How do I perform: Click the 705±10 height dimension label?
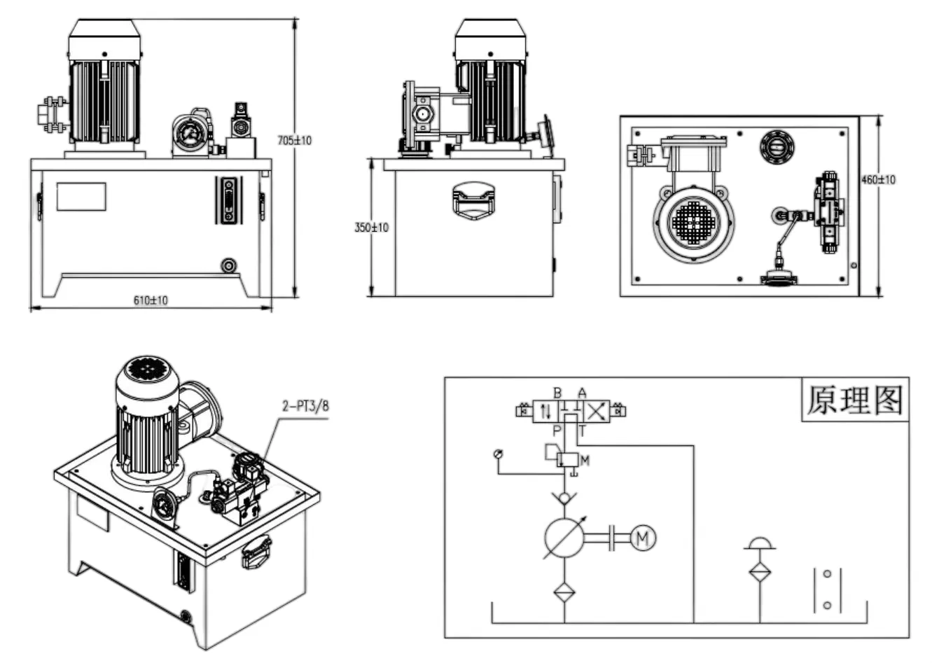tap(294, 140)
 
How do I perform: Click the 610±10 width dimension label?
tap(151, 300)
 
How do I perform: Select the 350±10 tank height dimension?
tap(371, 228)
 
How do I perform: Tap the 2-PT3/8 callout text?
tap(305, 406)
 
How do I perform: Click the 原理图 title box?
tap(855, 400)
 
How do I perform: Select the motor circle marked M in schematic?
tap(643, 538)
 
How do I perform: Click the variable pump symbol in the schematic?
tap(564, 538)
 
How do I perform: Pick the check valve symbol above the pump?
tap(564, 498)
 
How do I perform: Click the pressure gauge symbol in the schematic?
tap(498, 454)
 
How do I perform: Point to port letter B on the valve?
tap(557, 393)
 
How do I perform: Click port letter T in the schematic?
tap(581, 431)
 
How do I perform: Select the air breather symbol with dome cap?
tap(760, 545)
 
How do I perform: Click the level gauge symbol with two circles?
tap(827, 589)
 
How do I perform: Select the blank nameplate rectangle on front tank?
tap(81, 197)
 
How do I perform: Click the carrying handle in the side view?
tap(474, 200)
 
